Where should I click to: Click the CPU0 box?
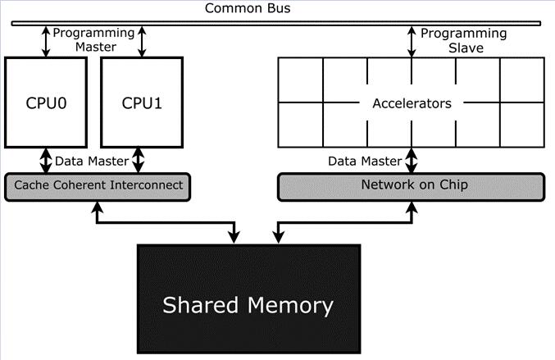[x=46, y=103]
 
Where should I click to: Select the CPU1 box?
[x=142, y=103]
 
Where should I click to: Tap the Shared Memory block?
[x=249, y=298]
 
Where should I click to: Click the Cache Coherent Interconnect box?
[x=98, y=187]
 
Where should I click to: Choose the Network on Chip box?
[x=412, y=187]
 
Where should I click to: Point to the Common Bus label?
[x=248, y=8]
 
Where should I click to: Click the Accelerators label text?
[x=412, y=103]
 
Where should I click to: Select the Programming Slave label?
[x=464, y=40]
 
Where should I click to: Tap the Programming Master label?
[x=93, y=39]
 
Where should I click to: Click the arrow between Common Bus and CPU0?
[x=46, y=42]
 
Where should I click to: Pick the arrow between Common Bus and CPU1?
[x=142, y=42]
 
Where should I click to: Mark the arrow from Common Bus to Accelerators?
[x=412, y=42]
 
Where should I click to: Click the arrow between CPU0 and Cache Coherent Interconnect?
[x=46, y=161]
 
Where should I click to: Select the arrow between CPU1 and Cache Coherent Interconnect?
[x=138, y=161]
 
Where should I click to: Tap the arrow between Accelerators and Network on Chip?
[x=412, y=161]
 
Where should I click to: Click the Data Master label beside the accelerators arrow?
[x=365, y=161]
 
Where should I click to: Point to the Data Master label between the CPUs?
[x=92, y=161]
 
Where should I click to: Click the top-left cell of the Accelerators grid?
[x=301, y=80]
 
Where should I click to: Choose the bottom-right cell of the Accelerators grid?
[x=522, y=125]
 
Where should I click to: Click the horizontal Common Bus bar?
[x=276, y=23]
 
